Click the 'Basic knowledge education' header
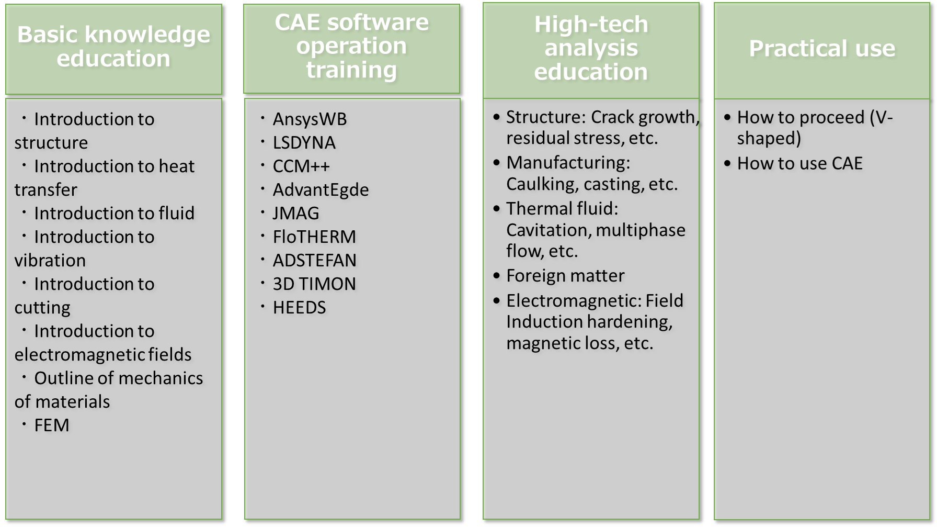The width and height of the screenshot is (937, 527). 113,47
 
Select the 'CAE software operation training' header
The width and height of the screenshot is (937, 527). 352,46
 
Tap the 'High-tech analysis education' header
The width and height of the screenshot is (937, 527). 591,48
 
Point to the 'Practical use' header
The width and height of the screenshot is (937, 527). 822,48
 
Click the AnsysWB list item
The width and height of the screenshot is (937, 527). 310,119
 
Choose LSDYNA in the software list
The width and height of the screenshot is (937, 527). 304,142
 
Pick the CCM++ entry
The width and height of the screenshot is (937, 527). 301,166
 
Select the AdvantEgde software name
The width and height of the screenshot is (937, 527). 321,190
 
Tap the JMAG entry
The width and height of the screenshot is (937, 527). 296,213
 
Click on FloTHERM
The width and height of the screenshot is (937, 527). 314,237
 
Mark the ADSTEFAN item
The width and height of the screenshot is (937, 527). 315,260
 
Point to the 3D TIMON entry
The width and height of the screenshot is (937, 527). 314,284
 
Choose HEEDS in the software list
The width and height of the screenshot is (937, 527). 299,307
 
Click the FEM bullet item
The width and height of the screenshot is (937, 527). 52,425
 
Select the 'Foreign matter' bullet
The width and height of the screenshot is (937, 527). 565,275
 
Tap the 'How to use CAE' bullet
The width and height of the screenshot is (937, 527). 799,163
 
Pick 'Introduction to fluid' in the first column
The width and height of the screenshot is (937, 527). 114,213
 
